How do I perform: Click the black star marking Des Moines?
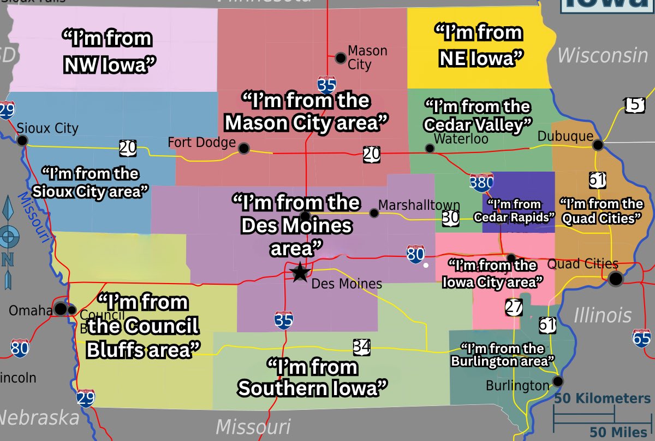(x=299, y=272)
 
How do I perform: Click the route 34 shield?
(x=362, y=346)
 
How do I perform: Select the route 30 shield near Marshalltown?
(x=450, y=217)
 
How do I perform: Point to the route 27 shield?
(x=514, y=308)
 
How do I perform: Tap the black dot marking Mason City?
(x=341, y=57)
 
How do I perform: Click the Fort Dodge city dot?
(x=244, y=148)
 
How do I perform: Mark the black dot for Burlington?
(x=557, y=381)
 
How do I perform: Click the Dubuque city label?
(x=565, y=136)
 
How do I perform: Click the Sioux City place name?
(x=47, y=128)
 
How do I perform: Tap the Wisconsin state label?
(x=602, y=55)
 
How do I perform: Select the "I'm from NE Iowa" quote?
(x=478, y=45)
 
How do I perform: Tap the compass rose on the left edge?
(x=8, y=240)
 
